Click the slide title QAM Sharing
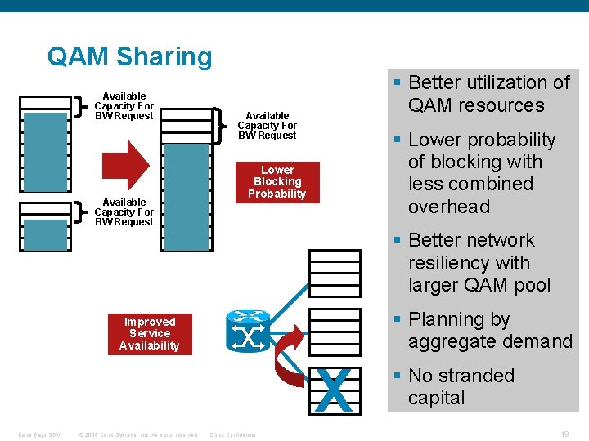(x=129, y=56)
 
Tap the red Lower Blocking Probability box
(x=277, y=182)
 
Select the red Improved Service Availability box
(x=150, y=333)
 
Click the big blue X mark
(x=333, y=390)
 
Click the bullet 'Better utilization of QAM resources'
(x=488, y=94)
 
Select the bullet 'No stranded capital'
(x=461, y=387)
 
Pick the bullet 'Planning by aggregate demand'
(x=489, y=331)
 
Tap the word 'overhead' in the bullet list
(x=449, y=207)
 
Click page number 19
(x=564, y=434)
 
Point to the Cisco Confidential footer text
(x=233, y=434)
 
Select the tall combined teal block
(x=186, y=196)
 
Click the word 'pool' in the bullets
(x=530, y=285)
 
